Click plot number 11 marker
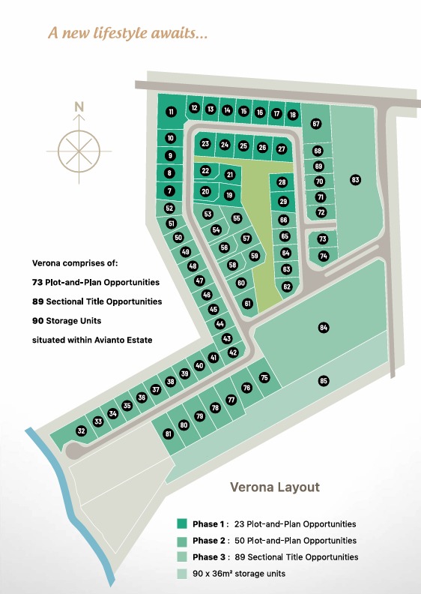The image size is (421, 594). click(172, 112)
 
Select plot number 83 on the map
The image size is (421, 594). click(355, 179)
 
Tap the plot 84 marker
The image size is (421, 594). click(324, 328)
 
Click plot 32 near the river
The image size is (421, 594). click(81, 430)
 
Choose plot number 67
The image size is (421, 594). click(316, 123)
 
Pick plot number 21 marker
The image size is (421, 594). click(230, 175)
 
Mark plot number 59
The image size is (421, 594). click(254, 256)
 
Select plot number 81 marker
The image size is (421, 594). click(169, 434)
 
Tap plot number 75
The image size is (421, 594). click(264, 378)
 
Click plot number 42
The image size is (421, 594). click(233, 352)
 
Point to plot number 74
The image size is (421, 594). click(324, 256)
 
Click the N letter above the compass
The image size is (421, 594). click(79, 106)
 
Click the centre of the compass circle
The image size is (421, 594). click(79, 148)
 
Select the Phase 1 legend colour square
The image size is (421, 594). click(182, 523)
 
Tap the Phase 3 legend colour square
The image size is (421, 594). click(182, 556)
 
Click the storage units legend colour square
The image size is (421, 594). click(182, 574)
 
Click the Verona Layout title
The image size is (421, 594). click(274, 487)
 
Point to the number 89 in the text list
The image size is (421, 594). click(38, 301)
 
